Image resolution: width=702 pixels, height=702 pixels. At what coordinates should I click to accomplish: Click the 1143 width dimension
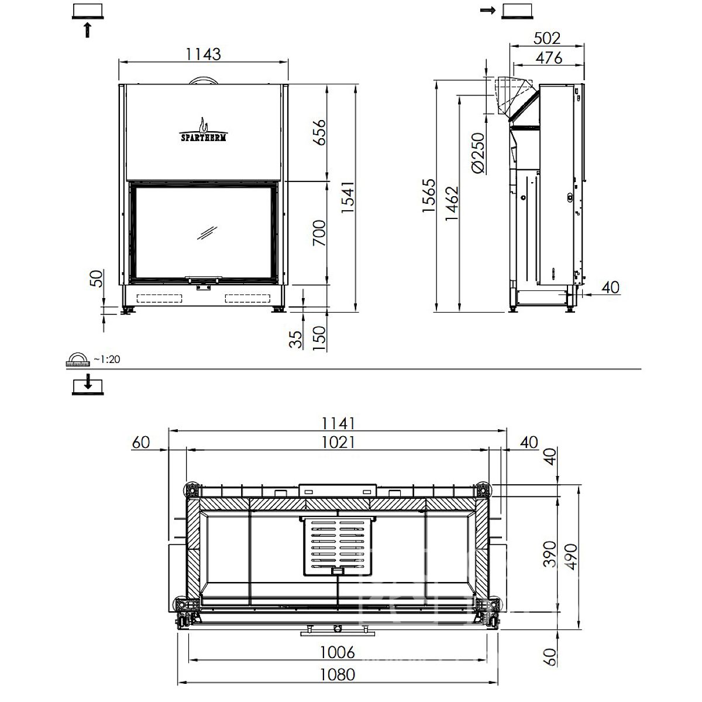[x=203, y=54]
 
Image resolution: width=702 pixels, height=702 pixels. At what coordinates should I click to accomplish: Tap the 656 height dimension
[x=319, y=132]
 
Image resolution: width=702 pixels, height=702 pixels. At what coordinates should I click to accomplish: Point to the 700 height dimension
[x=319, y=232]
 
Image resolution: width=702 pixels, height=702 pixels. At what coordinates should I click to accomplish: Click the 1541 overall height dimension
[x=347, y=197]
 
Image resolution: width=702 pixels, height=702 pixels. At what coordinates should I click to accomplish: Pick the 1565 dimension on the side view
[x=428, y=196]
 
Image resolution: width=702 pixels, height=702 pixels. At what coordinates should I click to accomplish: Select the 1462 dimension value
[x=452, y=204]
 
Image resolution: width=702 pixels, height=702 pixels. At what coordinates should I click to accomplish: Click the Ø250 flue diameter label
[x=479, y=153]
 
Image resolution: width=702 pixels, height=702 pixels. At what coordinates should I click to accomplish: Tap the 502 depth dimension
[x=547, y=38]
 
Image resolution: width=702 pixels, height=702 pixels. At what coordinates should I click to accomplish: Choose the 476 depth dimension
[x=549, y=57]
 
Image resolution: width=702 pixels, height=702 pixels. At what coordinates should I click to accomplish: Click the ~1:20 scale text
[x=106, y=359]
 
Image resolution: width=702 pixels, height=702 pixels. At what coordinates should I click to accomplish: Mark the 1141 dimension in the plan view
[x=338, y=423]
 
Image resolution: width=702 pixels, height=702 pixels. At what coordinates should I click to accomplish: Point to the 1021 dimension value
[x=338, y=443]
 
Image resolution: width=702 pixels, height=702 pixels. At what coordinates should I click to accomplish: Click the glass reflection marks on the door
[x=207, y=232]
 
